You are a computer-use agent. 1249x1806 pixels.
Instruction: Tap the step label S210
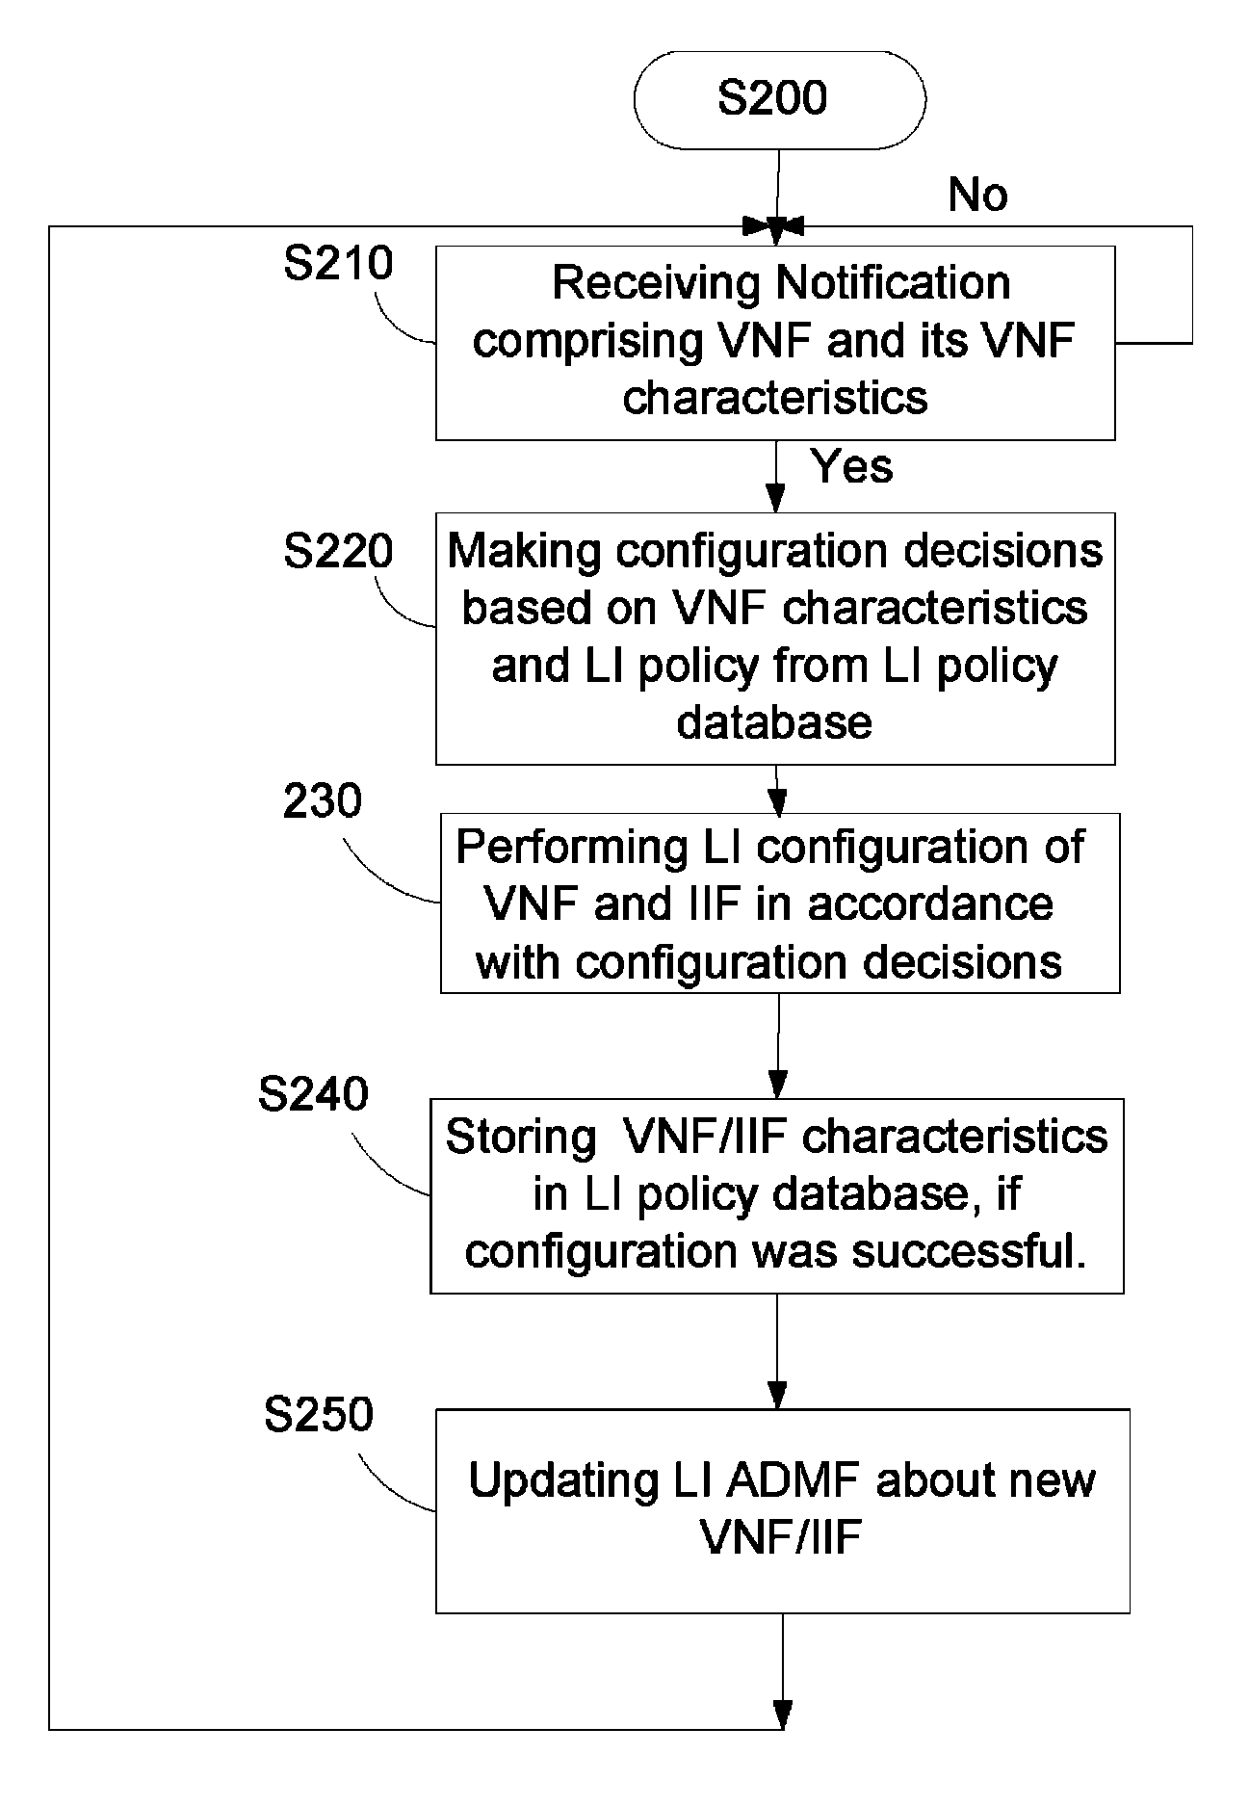pos(338,263)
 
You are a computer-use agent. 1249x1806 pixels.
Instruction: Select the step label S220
pos(338,551)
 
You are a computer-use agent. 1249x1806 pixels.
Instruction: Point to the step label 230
pos(323,801)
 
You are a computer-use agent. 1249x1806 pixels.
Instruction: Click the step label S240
pos(313,1095)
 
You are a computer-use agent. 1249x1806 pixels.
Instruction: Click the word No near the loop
pos(977,195)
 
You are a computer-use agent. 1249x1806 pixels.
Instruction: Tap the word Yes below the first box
pos(852,466)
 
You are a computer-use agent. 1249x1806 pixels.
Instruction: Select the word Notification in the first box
pos(893,283)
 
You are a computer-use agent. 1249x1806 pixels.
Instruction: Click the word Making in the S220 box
pos(526,551)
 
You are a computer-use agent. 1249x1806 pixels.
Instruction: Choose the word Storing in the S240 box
pos(521,1138)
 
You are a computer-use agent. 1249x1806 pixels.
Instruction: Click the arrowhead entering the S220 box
pos(775,500)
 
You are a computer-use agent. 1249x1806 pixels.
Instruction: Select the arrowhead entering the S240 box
pos(777,1086)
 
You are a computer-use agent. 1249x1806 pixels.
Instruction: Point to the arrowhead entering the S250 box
pos(778,1397)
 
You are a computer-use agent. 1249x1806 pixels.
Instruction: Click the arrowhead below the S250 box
pos(783,1714)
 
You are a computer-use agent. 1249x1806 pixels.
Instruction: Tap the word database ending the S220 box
pos(774,722)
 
